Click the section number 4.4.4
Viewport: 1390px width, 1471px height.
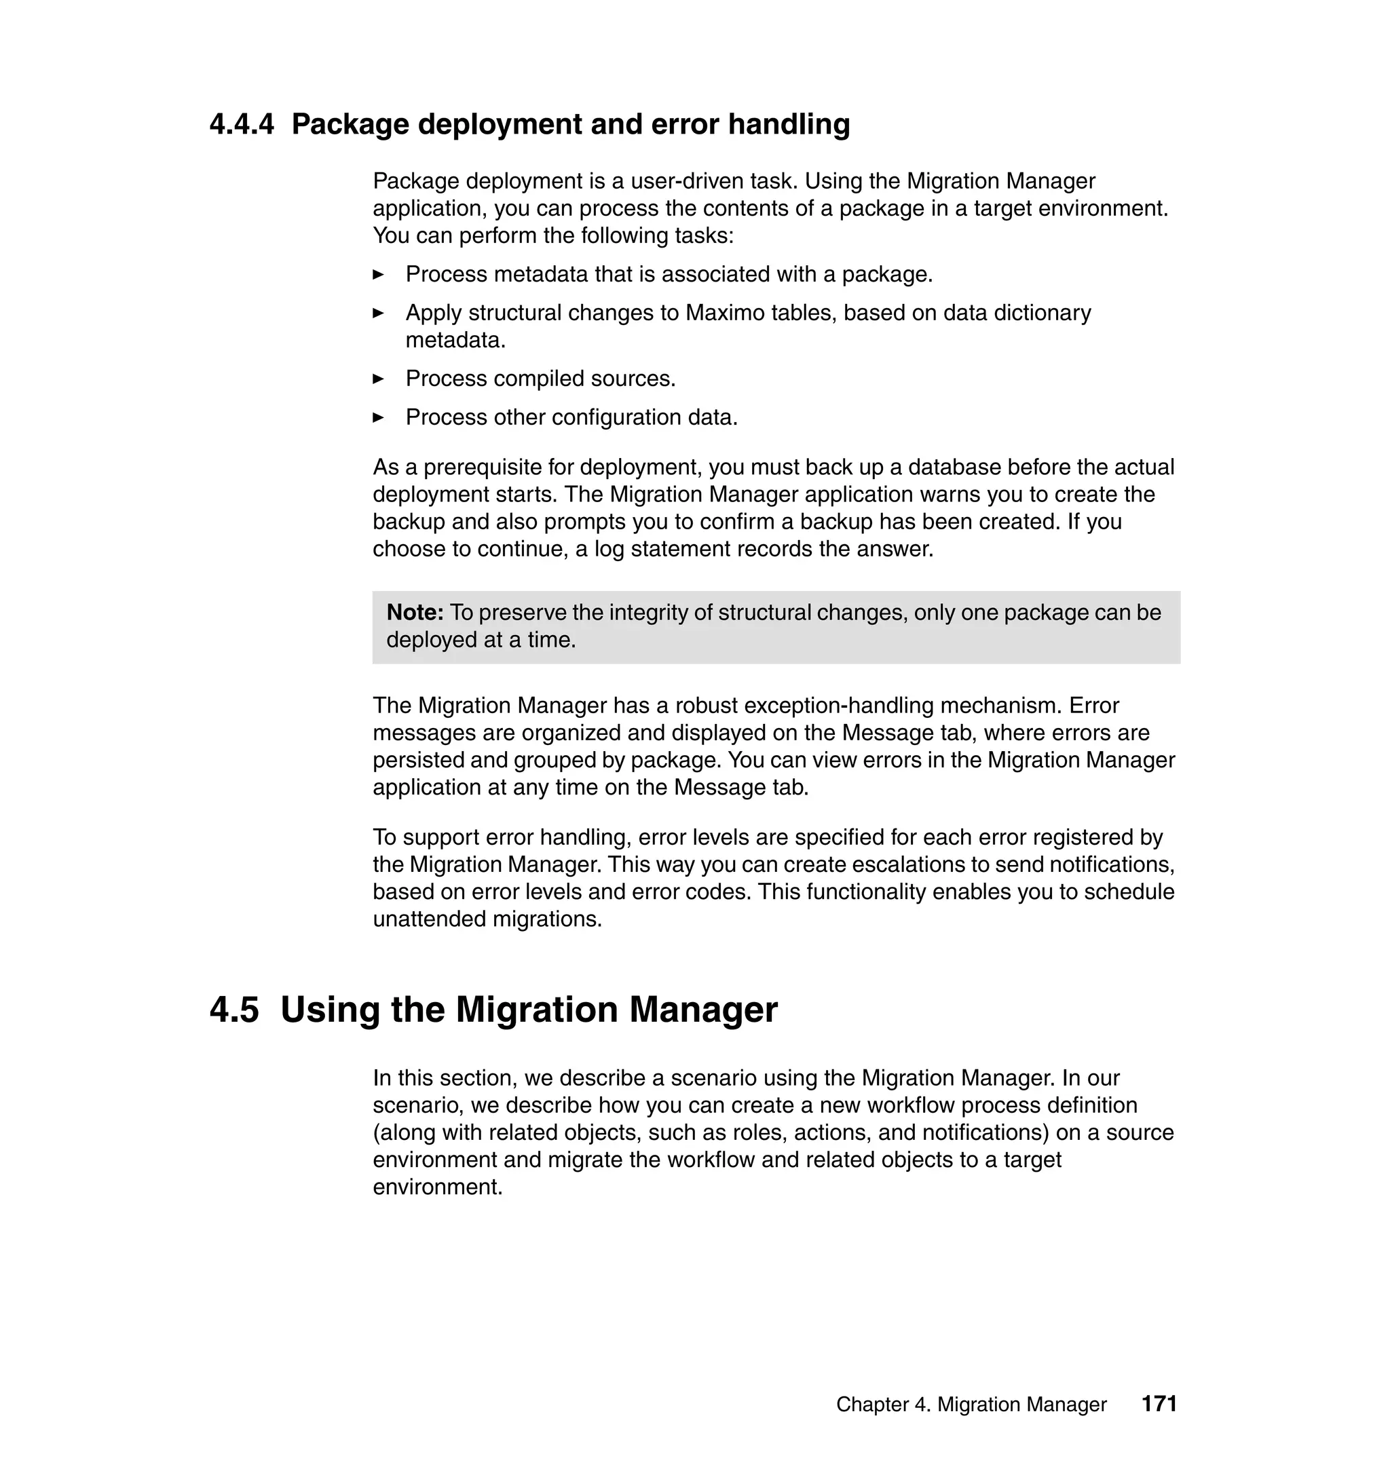pos(242,123)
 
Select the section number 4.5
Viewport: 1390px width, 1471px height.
pos(234,1010)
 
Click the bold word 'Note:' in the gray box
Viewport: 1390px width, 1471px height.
pos(415,613)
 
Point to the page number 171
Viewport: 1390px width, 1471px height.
pos(1159,1404)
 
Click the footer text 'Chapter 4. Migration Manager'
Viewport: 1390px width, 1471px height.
pos(971,1405)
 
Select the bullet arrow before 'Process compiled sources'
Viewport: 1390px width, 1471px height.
pos(378,379)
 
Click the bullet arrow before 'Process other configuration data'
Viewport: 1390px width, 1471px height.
pos(378,418)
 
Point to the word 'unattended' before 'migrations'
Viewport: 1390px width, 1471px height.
pos(430,919)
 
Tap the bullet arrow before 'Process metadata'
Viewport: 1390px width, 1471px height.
pos(378,275)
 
